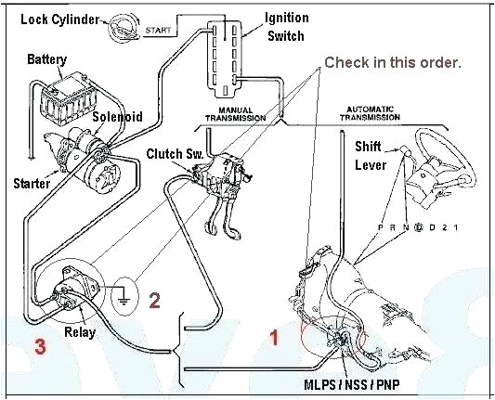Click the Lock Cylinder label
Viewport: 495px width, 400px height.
click(x=60, y=19)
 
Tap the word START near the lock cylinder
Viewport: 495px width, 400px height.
click(x=158, y=31)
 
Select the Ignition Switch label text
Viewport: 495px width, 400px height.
click(x=286, y=27)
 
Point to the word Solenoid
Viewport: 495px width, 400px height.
click(x=117, y=117)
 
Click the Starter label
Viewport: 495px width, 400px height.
click(x=32, y=183)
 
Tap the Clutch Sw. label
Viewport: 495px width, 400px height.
click(x=175, y=154)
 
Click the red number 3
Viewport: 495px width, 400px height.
click(x=40, y=346)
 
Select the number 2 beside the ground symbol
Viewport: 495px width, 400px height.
click(x=154, y=301)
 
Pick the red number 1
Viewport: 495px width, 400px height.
click(x=274, y=337)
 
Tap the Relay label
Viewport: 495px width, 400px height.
click(x=80, y=332)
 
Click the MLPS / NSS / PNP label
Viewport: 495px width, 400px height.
click(x=352, y=384)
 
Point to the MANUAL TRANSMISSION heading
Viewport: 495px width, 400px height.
click(x=236, y=114)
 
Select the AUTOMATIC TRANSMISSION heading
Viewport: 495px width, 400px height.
click(x=370, y=113)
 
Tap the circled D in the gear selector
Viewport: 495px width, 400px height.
click(x=419, y=227)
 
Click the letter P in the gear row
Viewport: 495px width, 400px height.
click(x=381, y=227)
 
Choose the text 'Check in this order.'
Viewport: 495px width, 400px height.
click(x=393, y=62)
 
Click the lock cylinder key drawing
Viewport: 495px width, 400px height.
click(x=124, y=29)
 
